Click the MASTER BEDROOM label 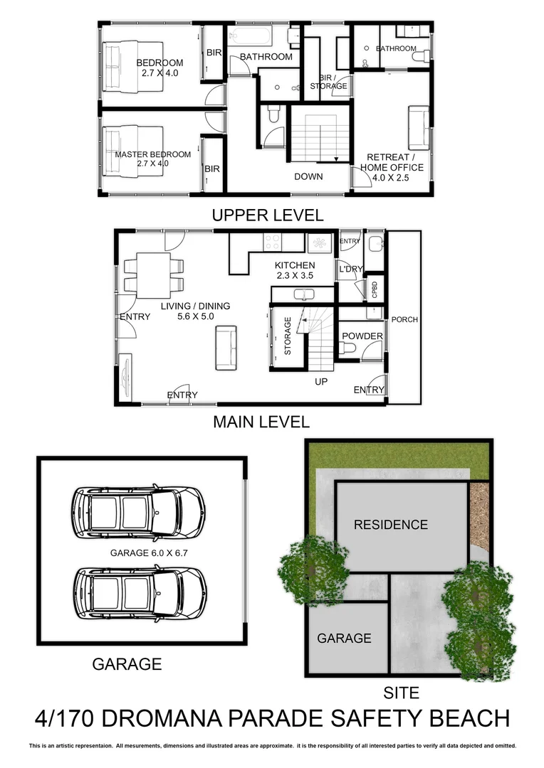click(153, 154)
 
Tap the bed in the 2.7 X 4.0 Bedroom click(132, 66)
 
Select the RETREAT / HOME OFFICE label click(391, 163)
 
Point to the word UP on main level click(321, 382)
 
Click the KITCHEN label click(295, 265)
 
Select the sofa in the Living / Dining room click(226, 348)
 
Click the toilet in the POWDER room click(348, 348)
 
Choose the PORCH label click(404, 320)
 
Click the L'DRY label click(350, 269)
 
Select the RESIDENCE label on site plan click(391, 525)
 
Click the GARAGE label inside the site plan click(344, 638)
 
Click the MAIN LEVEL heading click(261, 422)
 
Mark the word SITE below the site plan click(402, 692)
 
